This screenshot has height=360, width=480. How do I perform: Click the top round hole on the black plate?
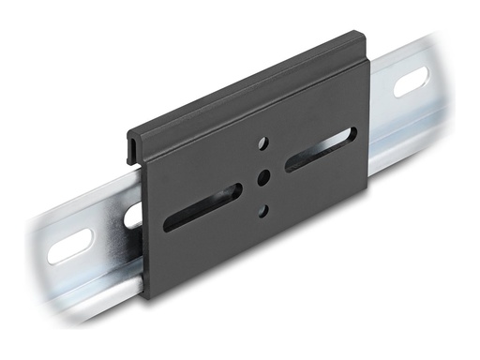pos(262,142)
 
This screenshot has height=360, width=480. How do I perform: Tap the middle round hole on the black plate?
pos(263,175)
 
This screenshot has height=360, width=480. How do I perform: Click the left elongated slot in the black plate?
pos(202,207)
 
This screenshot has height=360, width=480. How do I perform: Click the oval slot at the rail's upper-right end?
pos(411,82)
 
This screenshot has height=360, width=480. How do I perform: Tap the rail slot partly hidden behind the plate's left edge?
pos(133,215)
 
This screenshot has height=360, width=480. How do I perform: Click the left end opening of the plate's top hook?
pos(130,149)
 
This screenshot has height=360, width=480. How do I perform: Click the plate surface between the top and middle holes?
pos(262,158)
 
